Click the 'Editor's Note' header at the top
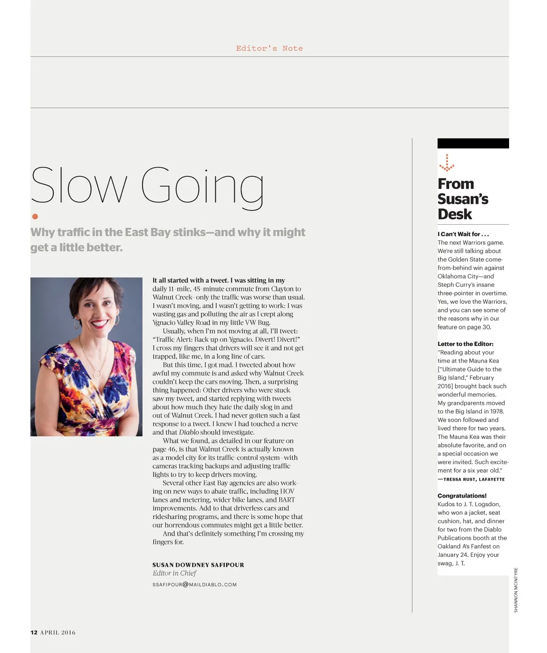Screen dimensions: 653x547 coord(269,49)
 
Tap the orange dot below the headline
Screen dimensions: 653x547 coord(35,216)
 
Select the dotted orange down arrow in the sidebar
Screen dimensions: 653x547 coord(447,163)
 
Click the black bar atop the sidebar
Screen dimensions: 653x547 coord(473,143)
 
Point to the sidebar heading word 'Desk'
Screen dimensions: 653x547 coord(455,214)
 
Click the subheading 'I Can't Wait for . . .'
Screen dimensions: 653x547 coord(463,234)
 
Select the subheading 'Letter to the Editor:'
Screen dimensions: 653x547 coord(465,344)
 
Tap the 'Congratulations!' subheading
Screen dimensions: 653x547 coord(462,495)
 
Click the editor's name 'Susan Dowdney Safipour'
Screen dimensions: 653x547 coord(198,564)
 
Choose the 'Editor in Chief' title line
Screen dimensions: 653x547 coord(174,573)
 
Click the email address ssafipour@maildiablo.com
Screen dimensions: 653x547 coord(194,585)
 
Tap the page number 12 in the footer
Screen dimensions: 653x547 coord(34,633)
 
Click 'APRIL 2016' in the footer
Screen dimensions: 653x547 coord(58,633)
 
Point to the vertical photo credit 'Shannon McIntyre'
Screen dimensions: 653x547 coord(516,589)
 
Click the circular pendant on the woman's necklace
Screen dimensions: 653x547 coord(97,374)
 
